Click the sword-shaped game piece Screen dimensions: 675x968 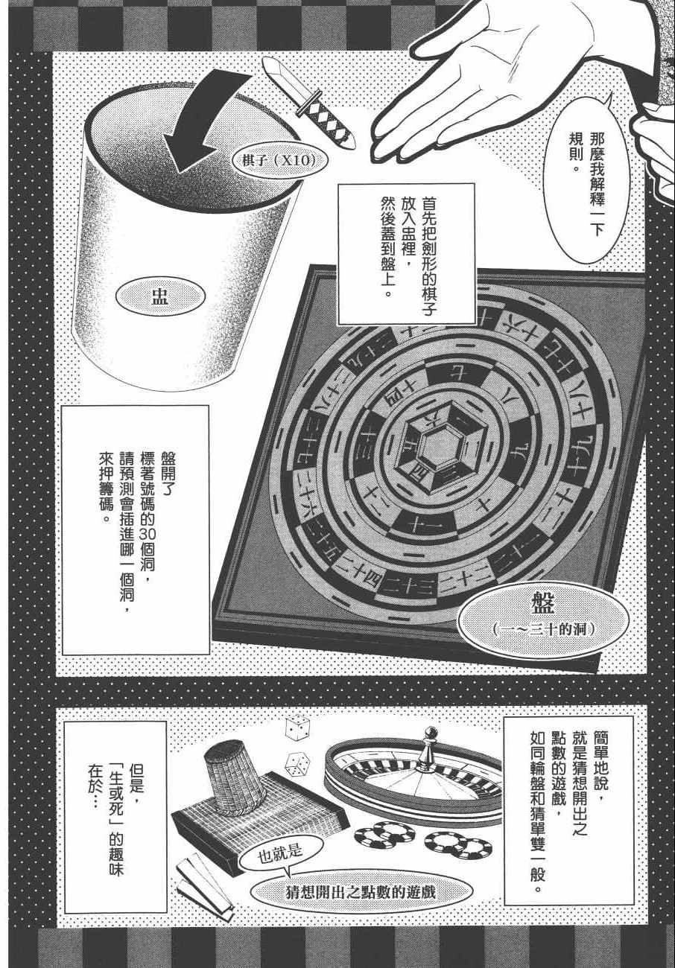click(308, 104)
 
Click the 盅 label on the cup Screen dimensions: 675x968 click(160, 297)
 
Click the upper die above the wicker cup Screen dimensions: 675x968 click(297, 727)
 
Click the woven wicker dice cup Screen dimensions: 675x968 click(235, 777)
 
